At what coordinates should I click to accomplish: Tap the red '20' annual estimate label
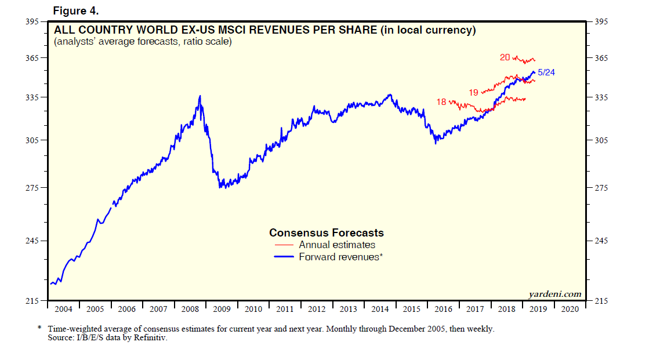(x=505, y=57)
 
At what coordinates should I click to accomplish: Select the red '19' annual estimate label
(x=473, y=92)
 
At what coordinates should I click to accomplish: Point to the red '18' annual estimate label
(x=441, y=102)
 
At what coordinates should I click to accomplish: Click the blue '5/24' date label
(x=547, y=72)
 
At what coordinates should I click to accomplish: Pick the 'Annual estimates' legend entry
(x=337, y=245)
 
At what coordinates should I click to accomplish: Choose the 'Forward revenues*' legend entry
(x=340, y=256)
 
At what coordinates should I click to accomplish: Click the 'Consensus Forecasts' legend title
(x=327, y=232)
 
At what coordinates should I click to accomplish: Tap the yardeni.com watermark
(x=555, y=294)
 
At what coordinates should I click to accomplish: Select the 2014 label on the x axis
(x=379, y=309)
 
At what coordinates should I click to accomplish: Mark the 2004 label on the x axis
(x=63, y=309)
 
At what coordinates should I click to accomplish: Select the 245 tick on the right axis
(x=600, y=241)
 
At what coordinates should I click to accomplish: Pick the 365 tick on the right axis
(x=600, y=58)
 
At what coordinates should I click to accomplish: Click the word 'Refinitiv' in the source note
(x=152, y=338)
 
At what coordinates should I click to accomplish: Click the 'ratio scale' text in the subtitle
(x=206, y=42)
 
